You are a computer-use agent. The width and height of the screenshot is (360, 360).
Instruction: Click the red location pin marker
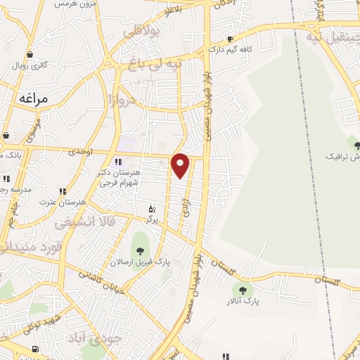[181, 165]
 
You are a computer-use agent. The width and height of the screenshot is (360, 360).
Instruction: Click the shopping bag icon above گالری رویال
[29, 54]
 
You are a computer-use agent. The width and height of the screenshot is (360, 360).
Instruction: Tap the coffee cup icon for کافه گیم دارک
[230, 39]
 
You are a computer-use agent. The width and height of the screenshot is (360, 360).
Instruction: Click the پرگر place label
[151, 220]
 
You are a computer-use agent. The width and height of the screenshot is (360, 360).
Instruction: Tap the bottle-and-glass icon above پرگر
[151, 209]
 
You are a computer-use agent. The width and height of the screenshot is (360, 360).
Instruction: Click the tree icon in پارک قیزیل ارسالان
[139, 250]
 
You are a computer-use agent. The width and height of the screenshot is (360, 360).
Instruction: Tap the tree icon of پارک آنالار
[243, 290]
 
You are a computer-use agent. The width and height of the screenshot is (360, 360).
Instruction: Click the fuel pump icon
[36, 349]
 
